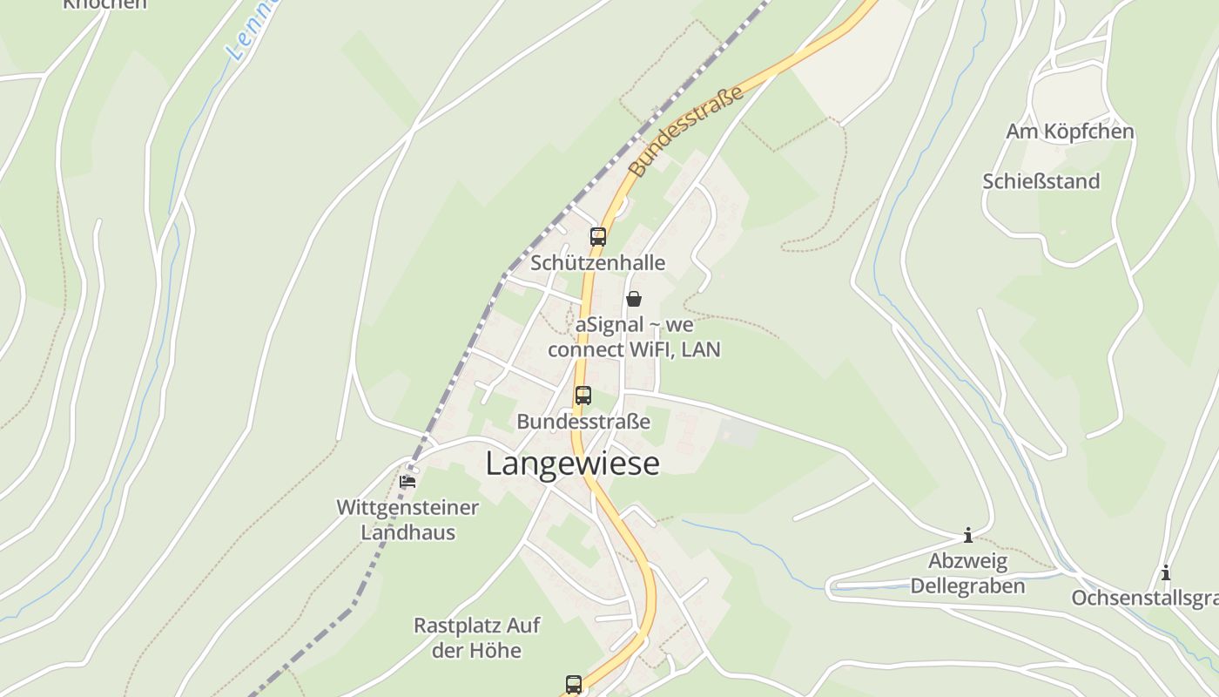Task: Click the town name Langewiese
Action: (x=572, y=464)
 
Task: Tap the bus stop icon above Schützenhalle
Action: (x=597, y=236)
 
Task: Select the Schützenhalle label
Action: (x=597, y=262)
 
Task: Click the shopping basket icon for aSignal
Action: (x=634, y=299)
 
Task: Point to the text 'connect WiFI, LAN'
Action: (x=634, y=349)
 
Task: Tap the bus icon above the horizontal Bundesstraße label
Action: (x=583, y=395)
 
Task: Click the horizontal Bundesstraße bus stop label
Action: (x=583, y=422)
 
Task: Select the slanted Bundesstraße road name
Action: (x=687, y=131)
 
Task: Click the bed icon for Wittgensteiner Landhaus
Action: (x=407, y=481)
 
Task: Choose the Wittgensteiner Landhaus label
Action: (x=407, y=519)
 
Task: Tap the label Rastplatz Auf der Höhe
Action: (x=476, y=638)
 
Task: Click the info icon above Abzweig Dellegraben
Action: (x=967, y=535)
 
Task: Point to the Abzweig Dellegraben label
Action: (x=967, y=573)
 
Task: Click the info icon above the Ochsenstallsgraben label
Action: (x=1165, y=572)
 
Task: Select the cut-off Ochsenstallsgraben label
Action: (x=1144, y=599)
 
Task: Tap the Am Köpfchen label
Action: (x=1069, y=132)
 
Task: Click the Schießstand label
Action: (x=1041, y=181)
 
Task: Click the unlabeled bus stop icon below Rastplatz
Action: (x=573, y=684)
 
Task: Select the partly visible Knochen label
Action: (x=104, y=4)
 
